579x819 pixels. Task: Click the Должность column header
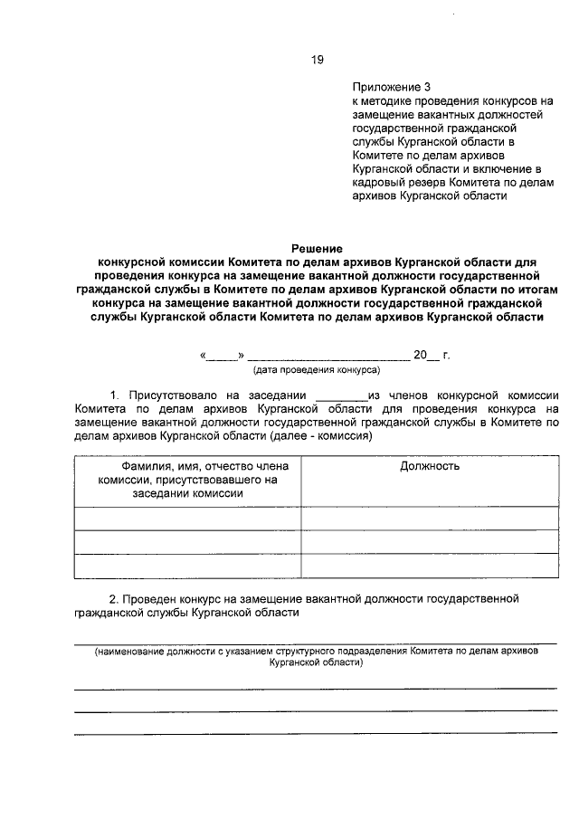[x=429, y=466]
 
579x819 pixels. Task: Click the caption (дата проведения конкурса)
[x=316, y=370]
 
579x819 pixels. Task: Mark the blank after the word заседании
[x=339, y=395]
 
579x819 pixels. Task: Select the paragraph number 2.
[x=113, y=599]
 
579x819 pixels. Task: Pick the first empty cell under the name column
[x=187, y=518]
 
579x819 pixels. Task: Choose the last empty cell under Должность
[x=429, y=565]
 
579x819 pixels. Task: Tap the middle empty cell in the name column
[x=187, y=541]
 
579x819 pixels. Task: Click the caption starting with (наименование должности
[x=316, y=656]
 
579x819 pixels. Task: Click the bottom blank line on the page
[x=316, y=733]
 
